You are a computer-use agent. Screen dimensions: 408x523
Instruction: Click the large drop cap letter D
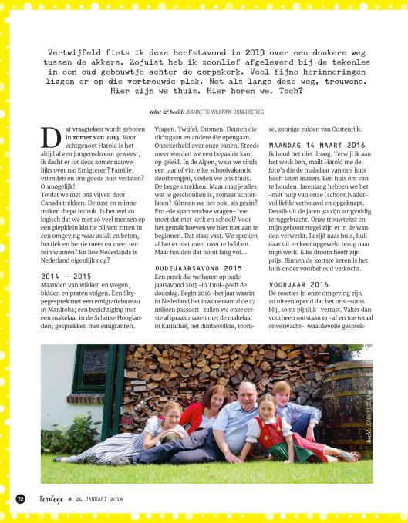[50, 139]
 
